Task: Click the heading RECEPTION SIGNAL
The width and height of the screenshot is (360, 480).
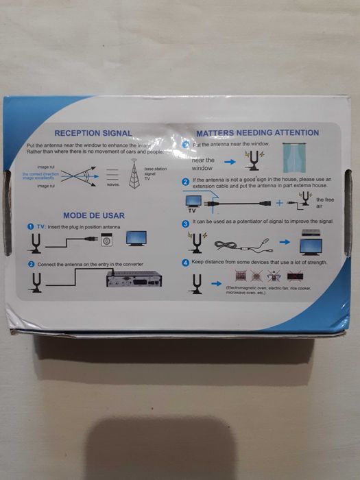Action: tap(93, 133)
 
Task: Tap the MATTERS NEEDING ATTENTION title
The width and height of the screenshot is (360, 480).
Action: tap(257, 132)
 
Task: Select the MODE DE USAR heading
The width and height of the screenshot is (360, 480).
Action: tap(93, 215)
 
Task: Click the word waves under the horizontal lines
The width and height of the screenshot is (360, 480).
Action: tap(113, 185)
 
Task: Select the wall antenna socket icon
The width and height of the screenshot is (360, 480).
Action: tap(106, 241)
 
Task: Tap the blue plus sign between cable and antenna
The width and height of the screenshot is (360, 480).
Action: tap(280, 203)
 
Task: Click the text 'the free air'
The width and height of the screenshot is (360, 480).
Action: tap(324, 202)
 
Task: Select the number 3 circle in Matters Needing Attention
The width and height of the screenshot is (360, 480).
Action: tap(185, 224)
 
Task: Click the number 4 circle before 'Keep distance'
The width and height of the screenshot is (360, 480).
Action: tap(185, 263)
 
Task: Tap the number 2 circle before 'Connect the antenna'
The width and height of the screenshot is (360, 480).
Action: tap(32, 264)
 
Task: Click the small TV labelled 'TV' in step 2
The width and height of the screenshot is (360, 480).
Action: tap(194, 201)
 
